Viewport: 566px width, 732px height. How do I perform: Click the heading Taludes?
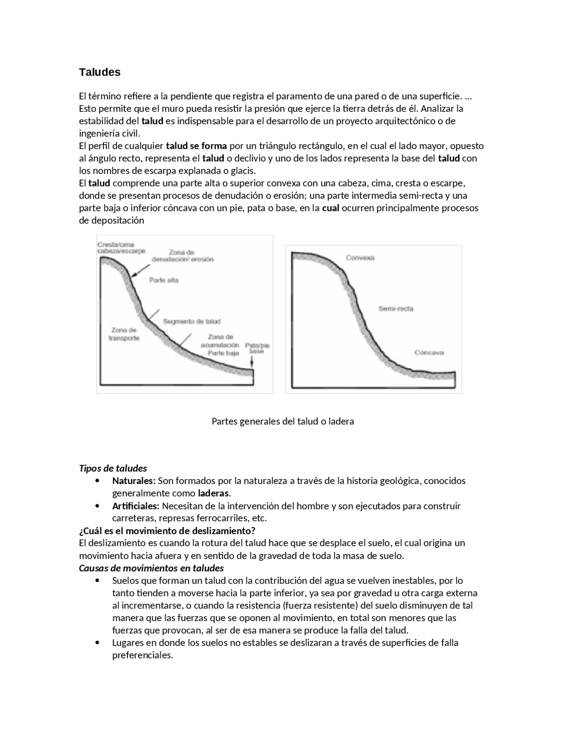99,72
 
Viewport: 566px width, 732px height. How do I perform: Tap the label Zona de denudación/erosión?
182,256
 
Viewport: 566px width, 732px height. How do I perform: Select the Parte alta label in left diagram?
164,280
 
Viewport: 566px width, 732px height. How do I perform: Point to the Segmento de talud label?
191,321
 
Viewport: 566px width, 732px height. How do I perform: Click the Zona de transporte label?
124,334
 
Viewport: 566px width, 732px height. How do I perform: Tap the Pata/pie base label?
257,348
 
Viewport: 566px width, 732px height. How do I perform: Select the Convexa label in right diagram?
360,258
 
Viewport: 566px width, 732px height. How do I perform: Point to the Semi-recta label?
395,309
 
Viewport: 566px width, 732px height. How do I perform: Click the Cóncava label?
429,353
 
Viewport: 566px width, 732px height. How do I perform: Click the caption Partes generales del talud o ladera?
283,421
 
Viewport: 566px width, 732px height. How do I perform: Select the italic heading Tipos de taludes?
113,468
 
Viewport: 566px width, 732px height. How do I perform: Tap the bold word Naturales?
134,480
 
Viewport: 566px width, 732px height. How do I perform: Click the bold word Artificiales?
135,506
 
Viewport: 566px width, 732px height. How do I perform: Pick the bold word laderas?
214,493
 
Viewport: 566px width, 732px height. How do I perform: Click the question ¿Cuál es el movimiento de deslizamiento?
167,530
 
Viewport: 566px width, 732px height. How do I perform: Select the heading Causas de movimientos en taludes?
151,568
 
